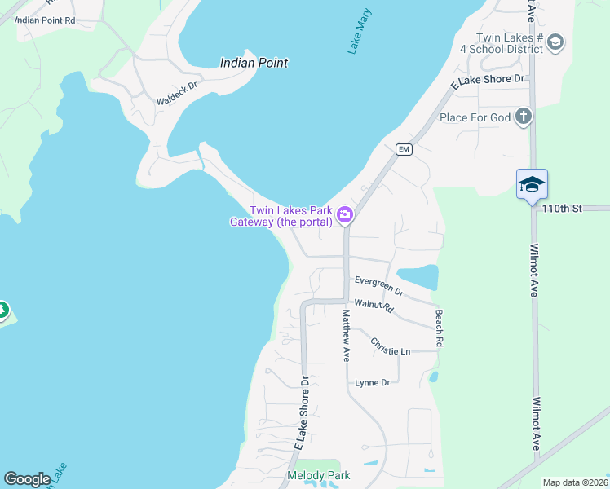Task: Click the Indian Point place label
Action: pos(254,63)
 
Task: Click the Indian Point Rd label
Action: pos(46,20)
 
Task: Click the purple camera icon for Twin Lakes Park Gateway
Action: pos(345,215)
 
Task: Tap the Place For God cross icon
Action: pos(523,117)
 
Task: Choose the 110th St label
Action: pos(563,209)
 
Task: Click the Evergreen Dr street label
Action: pos(379,284)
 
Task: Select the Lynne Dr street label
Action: pos(373,382)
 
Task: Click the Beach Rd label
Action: pos(439,328)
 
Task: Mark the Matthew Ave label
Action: pos(346,335)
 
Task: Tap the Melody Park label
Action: pos(319,475)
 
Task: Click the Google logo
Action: pos(27,479)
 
